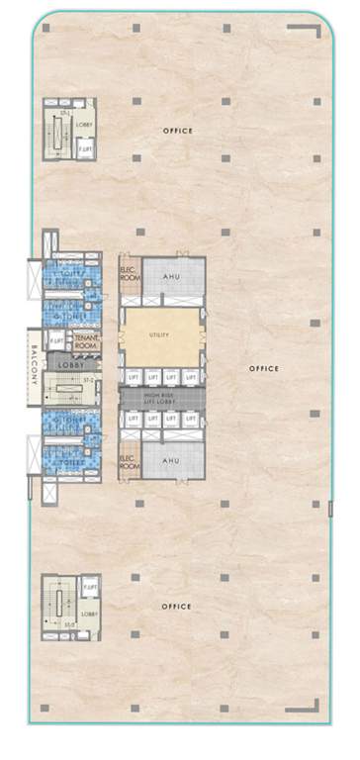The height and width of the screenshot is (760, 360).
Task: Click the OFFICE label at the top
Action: click(x=178, y=131)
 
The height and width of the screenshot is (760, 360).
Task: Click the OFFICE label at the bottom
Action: click(x=178, y=606)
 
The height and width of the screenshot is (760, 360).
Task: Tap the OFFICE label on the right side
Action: click(x=264, y=368)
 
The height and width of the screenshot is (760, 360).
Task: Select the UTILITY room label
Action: click(x=158, y=334)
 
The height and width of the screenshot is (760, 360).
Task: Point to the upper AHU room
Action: click(x=172, y=278)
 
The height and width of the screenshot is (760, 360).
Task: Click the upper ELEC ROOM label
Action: click(x=128, y=275)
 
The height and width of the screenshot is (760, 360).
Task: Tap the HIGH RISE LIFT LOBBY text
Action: click(x=162, y=397)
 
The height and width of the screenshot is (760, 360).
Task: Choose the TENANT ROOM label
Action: click(x=85, y=342)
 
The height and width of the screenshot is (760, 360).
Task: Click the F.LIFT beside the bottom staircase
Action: click(x=89, y=590)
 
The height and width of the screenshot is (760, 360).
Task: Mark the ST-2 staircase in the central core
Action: click(x=88, y=380)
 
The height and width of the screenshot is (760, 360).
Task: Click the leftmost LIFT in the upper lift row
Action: click(x=133, y=377)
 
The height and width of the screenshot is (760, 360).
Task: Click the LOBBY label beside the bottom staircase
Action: click(x=89, y=614)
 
